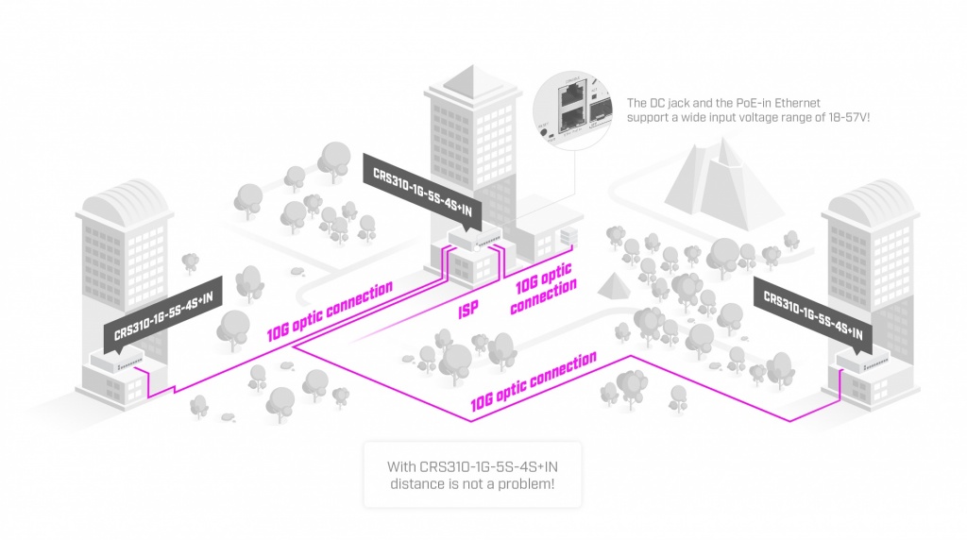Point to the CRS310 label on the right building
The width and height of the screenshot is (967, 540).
pos(812,311)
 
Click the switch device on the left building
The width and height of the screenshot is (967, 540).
pos(118,362)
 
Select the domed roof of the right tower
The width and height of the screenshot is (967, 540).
pos(870,198)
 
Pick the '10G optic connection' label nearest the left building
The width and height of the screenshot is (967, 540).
pos(330,311)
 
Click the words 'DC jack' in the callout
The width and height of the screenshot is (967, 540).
pos(670,102)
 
